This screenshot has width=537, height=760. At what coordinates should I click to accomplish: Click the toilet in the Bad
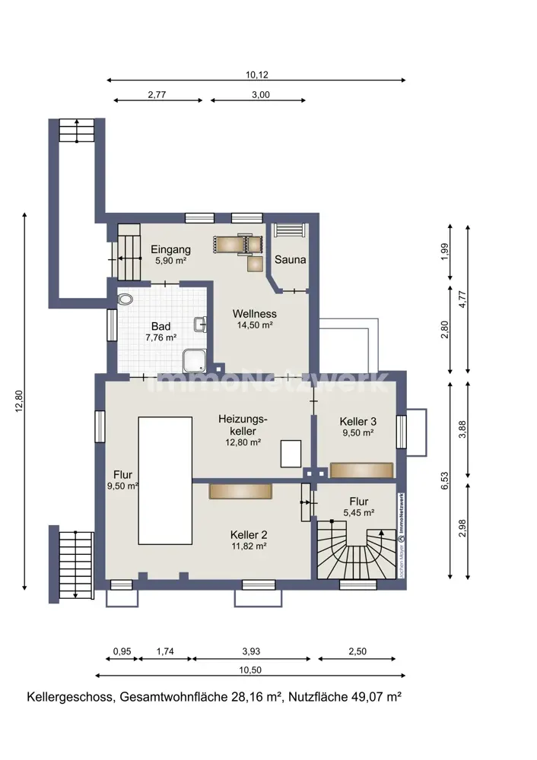point(126,299)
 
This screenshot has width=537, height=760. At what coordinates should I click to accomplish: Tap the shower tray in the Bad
point(195,362)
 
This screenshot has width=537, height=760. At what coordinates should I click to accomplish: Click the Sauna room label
point(290,259)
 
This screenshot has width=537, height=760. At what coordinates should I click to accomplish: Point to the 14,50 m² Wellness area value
point(255,325)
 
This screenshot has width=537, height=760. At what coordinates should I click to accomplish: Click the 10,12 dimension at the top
point(256,74)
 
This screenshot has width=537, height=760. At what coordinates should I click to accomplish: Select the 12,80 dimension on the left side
point(19,401)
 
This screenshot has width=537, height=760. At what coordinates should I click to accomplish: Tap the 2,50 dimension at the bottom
point(357,651)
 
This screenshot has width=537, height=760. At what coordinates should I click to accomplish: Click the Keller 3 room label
point(358,422)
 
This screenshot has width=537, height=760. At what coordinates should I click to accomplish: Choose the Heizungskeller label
point(243,425)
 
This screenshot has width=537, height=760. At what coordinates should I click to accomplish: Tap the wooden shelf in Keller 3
point(361,470)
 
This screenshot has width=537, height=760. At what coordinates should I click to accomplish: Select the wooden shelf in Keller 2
point(240,491)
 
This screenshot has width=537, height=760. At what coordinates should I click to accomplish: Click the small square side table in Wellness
point(255,264)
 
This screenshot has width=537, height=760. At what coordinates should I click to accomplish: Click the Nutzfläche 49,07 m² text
point(345,697)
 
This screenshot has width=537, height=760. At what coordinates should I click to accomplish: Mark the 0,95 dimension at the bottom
point(122,651)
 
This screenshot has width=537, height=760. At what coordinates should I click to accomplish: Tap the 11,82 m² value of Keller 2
point(249,546)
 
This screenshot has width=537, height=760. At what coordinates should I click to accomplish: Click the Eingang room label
point(170,249)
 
